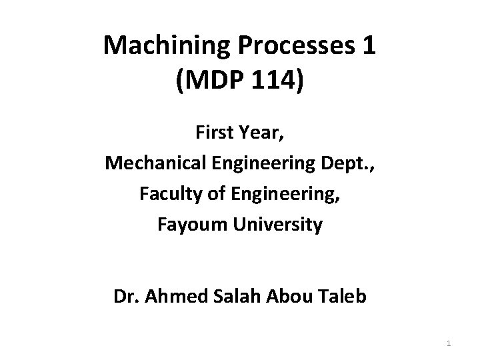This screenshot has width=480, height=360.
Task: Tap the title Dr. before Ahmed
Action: (124, 295)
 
